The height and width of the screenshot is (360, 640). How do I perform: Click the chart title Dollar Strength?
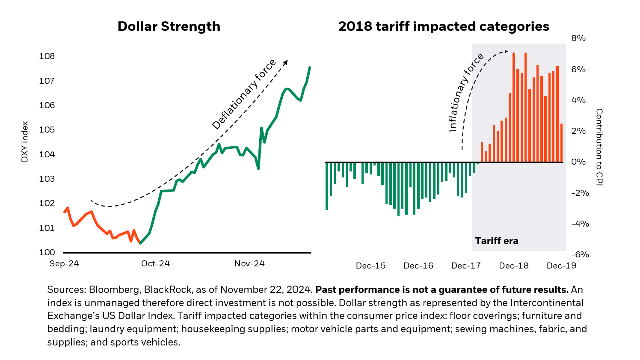169,27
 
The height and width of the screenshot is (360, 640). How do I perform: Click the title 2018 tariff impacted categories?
444,27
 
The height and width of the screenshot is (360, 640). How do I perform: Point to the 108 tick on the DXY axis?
47,56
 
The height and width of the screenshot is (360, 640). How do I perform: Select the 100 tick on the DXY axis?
47,252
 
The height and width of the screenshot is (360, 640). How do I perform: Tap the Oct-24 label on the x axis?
155,264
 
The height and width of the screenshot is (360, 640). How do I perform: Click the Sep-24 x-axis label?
64,264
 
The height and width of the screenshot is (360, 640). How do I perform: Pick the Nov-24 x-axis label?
249,264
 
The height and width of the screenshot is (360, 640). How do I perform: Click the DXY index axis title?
25,142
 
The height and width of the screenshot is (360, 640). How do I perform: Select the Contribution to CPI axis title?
599,147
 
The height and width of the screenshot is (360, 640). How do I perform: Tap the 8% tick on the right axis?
578,38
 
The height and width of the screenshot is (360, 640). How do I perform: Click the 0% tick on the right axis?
578,162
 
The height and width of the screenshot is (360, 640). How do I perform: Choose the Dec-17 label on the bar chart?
466,266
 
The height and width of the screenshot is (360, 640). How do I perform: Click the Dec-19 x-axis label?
561,266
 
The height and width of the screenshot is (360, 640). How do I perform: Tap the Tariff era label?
496,241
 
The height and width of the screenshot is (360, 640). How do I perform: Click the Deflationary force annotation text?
244,94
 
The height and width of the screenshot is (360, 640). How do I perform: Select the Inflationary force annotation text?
465,93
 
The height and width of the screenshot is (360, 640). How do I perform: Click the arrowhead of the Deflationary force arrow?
286,62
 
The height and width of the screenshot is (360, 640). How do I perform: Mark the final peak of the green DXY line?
310,68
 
